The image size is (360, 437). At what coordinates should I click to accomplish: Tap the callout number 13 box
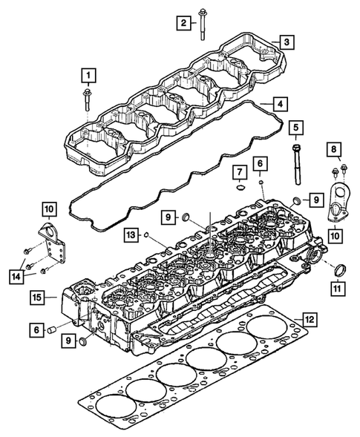[130, 235]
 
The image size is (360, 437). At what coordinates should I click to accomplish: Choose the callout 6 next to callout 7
[260, 162]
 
